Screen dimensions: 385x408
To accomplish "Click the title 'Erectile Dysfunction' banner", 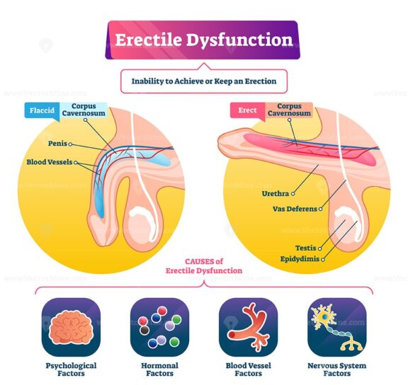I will [203, 40].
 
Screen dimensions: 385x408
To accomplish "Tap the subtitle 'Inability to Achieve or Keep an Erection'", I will [204, 81].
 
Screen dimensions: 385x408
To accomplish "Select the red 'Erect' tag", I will [246, 110].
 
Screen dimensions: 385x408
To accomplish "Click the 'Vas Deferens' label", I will [293, 209].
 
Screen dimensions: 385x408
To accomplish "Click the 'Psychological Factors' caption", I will [70, 369].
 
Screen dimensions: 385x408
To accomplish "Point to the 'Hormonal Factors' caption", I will [160, 369].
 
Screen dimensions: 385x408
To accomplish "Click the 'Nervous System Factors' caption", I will [337, 369].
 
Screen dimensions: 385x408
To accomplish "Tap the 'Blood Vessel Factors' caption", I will [248, 369].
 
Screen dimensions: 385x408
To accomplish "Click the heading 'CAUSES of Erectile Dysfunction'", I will [203, 265].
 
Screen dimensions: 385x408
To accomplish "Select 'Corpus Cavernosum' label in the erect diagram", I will [288, 110].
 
